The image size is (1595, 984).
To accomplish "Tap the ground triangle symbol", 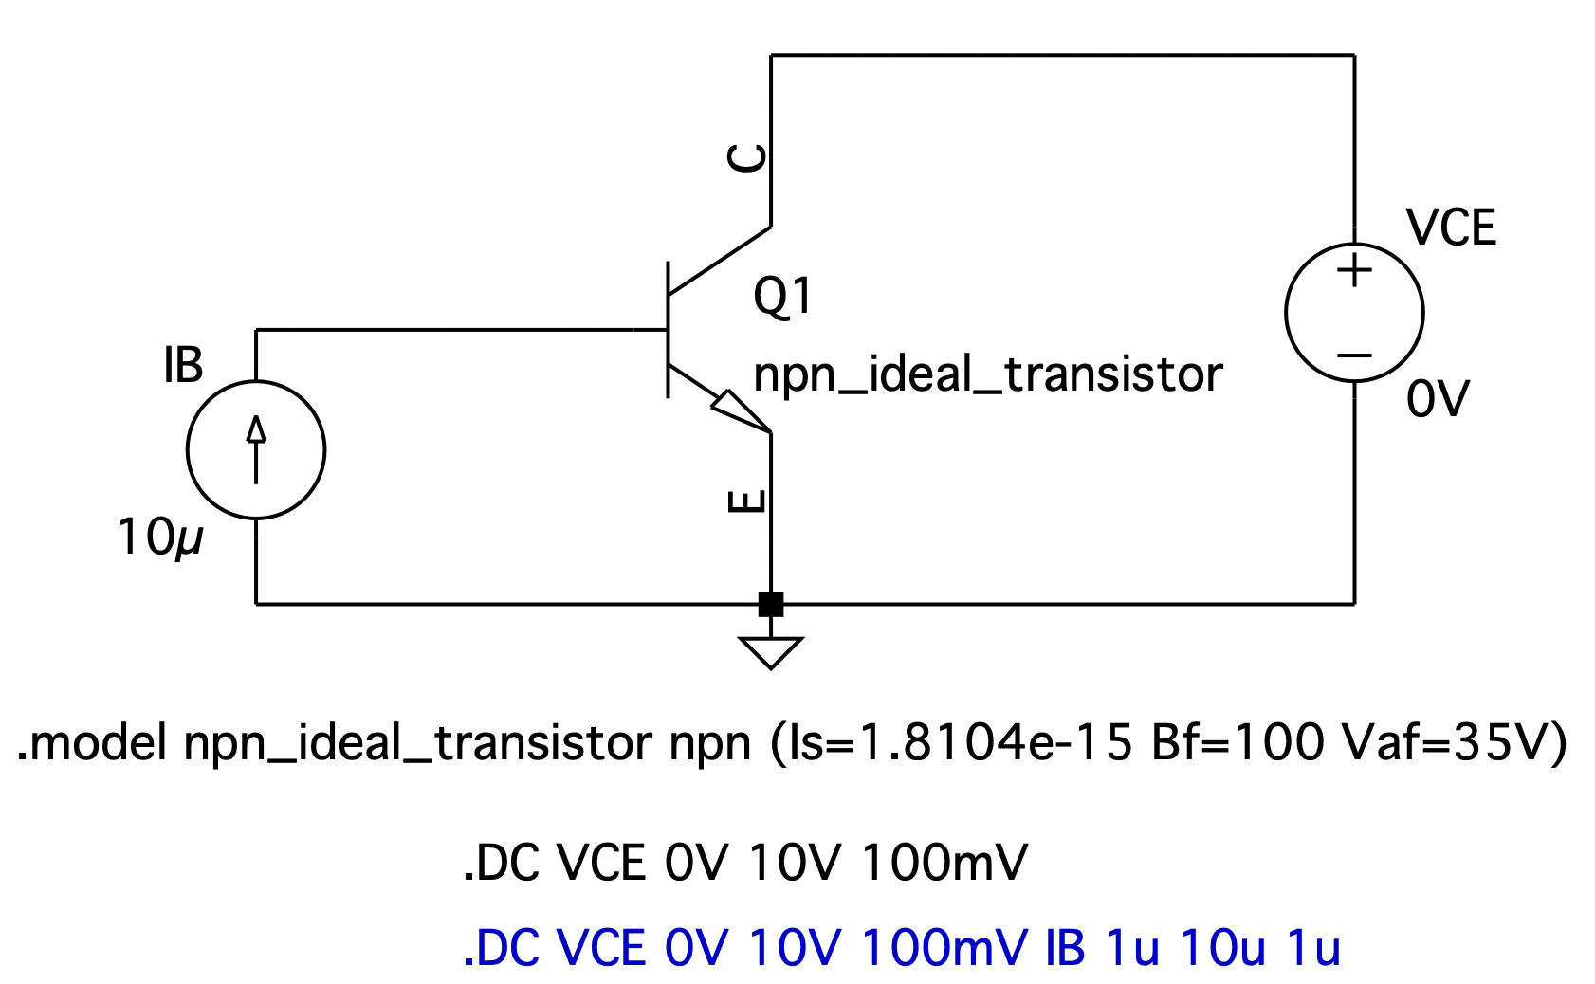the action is pos(771,653).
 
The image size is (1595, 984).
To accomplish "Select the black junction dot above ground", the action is pos(771,604).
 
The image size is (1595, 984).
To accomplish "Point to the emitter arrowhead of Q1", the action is pos(741,410).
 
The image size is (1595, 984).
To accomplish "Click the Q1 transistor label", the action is pos(782,296).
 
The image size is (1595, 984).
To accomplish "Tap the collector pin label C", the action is pos(746,158).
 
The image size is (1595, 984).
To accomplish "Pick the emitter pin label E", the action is pos(746,501).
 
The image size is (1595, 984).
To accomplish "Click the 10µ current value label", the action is pos(160,538).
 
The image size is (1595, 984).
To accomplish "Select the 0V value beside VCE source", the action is pos(1438,399).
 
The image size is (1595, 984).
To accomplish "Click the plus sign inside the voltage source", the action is pos(1354,270).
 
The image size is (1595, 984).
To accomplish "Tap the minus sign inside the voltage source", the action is pos(1354,355).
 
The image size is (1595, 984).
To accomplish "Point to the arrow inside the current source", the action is pos(256,450).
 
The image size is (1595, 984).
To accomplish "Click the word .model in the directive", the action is pos(92,743).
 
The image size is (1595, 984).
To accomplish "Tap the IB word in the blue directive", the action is pos(1065,948).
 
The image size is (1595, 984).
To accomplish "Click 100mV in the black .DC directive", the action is pos(944,863).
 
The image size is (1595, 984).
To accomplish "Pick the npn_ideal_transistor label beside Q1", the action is pos(987,374).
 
